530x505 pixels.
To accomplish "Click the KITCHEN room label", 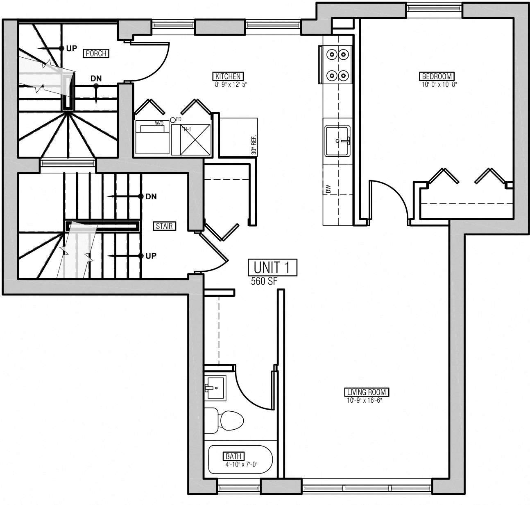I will (228, 76).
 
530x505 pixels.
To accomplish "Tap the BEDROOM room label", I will (437, 76).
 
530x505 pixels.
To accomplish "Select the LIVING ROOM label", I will (366, 392).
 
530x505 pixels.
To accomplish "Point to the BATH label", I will (234, 456).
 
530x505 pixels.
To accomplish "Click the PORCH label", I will (96, 53).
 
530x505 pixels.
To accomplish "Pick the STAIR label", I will (164, 226).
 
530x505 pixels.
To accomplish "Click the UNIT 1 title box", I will (272, 268).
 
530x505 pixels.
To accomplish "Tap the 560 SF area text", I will (264, 281).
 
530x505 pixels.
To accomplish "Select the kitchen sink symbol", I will (337, 141).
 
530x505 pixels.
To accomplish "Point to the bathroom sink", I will (215, 387).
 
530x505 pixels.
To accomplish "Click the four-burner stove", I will (337, 65).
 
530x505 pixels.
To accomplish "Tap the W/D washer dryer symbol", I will (152, 137).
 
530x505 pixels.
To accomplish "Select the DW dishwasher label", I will (328, 189).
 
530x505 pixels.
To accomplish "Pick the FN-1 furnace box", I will (191, 140).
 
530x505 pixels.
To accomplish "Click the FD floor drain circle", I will (173, 119).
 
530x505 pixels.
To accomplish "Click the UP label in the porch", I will (71, 48).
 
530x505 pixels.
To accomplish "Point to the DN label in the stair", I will (151, 197).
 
